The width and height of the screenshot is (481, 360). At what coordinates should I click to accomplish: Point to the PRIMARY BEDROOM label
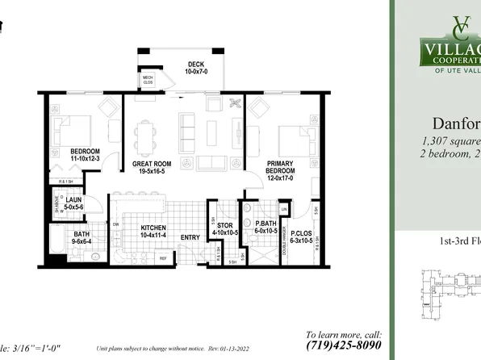281,168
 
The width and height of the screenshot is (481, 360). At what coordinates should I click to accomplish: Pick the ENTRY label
190,237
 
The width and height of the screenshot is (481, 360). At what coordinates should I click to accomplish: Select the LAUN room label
75,203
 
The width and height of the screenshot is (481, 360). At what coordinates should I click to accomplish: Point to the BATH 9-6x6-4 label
82,237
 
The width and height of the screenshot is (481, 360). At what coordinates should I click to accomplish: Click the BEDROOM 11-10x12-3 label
84,155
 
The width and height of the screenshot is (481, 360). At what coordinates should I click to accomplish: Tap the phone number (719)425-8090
345,345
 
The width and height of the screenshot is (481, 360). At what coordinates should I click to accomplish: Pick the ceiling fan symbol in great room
236,103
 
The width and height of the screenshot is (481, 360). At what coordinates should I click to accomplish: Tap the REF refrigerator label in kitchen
162,258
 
